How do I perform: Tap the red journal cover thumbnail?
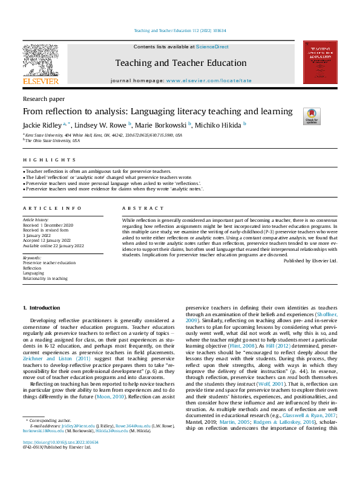tap(320, 62)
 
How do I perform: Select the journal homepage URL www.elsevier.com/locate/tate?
tap(209, 80)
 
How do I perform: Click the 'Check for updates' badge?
tap(327, 117)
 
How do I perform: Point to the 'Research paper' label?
tap(44, 99)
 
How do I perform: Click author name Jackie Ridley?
tap(43, 125)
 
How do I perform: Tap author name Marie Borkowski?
tap(161, 125)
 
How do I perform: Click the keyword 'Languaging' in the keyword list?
tap(34, 273)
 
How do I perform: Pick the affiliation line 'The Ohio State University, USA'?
tap(53, 140)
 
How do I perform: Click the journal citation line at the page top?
tap(180, 30)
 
